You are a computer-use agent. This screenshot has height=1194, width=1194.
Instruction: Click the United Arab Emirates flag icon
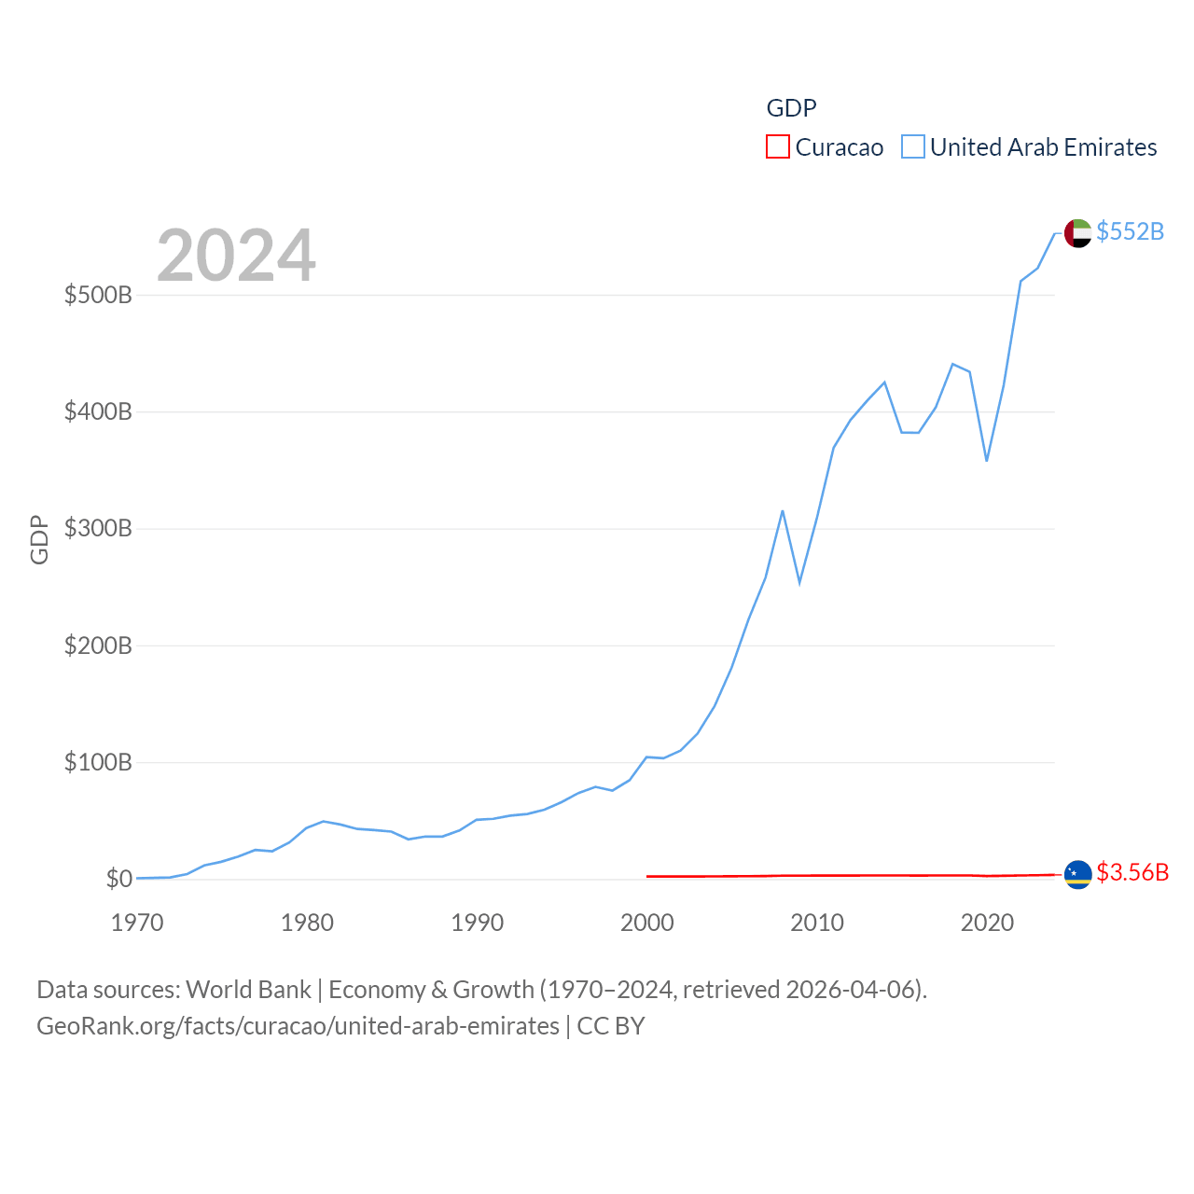click(1077, 233)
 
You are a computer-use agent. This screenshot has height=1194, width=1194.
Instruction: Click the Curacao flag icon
click(1077, 875)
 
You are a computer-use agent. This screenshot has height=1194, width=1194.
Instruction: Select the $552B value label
click(1130, 231)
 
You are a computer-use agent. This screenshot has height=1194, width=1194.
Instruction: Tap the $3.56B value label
click(1132, 872)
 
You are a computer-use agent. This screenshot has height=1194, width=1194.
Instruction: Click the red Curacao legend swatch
click(778, 147)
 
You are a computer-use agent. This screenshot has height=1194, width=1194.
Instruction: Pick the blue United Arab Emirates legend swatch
click(913, 147)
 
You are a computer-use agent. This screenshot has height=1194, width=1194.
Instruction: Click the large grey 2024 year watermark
click(236, 256)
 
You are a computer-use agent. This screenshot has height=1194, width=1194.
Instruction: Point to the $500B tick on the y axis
click(98, 296)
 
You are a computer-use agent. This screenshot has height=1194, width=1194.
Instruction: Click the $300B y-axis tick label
click(98, 529)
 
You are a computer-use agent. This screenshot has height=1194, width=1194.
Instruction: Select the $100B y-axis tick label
click(98, 763)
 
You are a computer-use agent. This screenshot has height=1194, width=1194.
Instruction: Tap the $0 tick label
click(118, 879)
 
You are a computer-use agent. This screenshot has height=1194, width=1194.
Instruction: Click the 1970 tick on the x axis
click(137, 923)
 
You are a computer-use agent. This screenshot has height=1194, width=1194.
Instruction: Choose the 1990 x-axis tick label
click(477, 923)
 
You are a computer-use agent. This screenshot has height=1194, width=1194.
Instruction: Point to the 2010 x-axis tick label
click(817, 923)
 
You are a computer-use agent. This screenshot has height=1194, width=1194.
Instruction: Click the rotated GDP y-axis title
click(39, 539)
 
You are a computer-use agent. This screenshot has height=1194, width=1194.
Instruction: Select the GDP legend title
click(791, 108)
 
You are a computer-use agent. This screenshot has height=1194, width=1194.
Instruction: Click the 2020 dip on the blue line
click(986, 461)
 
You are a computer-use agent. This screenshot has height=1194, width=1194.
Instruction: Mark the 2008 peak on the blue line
click(783, 511)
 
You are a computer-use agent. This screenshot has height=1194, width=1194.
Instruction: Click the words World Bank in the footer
click(248, 989)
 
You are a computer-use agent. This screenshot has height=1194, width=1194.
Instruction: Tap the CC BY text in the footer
click(611, 1026)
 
